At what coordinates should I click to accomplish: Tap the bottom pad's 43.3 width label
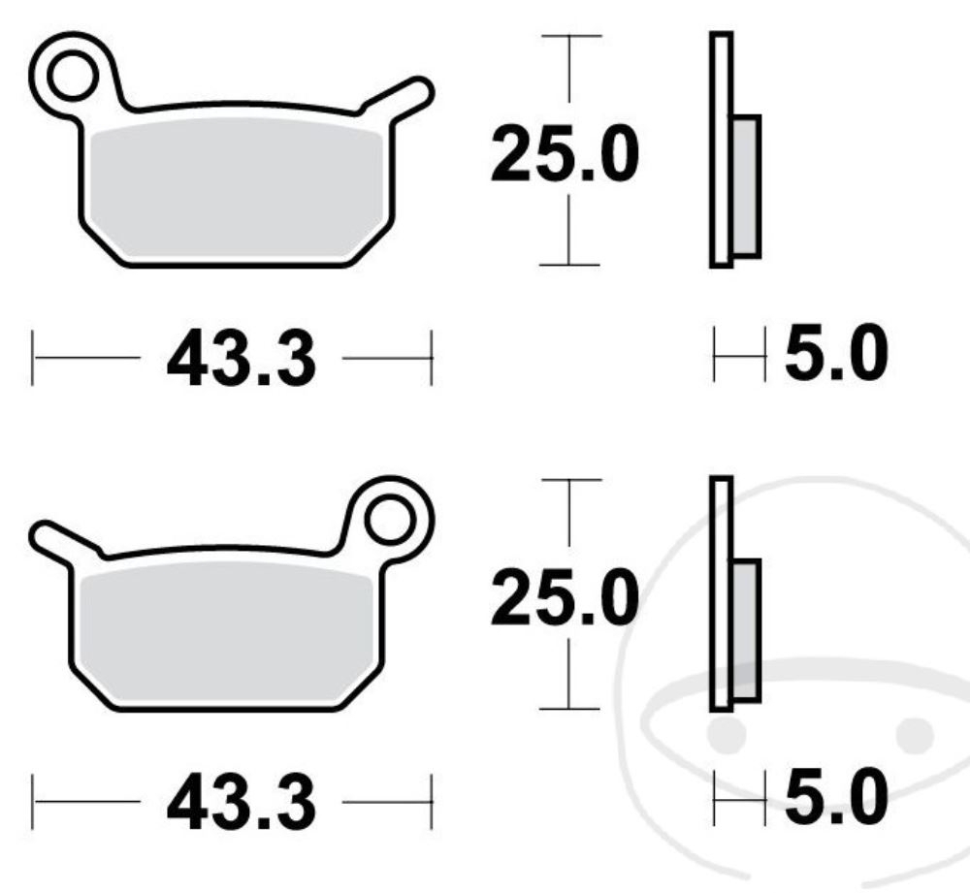[241, 802]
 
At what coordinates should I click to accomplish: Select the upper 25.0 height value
[565, 154]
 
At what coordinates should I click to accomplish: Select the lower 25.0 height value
[565, 598]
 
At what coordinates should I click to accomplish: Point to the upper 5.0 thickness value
[835, 356]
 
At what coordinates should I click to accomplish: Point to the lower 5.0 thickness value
[835, 798]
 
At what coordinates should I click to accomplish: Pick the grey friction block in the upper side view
[746, 186]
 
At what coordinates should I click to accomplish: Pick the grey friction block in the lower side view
[746, 630]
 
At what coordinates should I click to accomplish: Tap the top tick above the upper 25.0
[568, 36]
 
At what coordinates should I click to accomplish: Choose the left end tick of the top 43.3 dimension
[34, 358]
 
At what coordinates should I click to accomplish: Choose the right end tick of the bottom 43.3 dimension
[429, 801]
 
